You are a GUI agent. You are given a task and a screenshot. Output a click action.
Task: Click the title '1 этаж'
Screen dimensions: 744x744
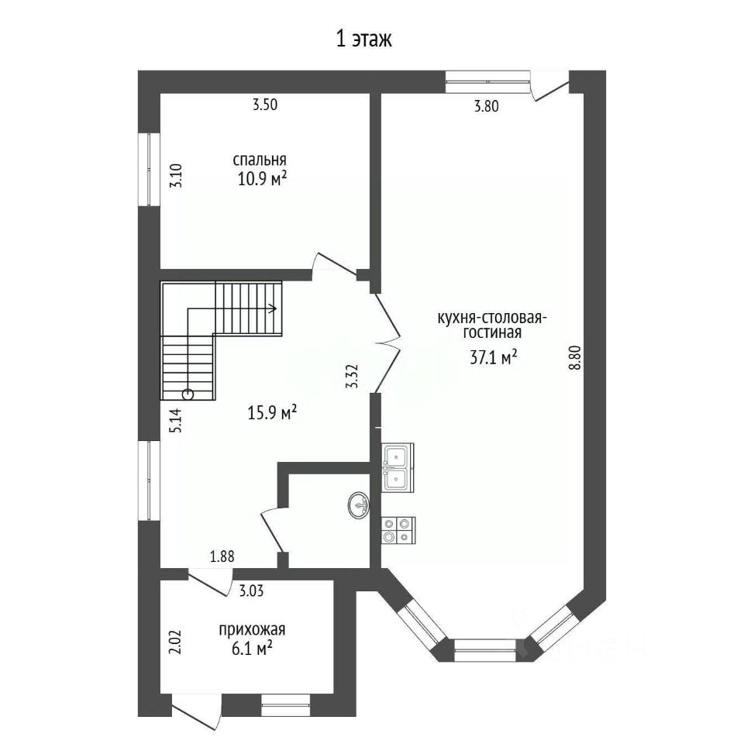click(364, 40)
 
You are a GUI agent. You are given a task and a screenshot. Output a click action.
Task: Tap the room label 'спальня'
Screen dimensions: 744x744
click(260, 160)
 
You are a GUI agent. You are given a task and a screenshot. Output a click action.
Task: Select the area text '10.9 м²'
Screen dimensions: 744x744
click(263, 180)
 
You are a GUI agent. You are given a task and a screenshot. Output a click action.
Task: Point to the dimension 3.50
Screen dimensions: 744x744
click(265, 105)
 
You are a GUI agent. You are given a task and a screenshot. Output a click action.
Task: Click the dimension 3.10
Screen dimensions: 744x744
click(176, 176)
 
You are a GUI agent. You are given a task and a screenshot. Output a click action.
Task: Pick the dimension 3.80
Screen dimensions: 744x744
click(487, 106)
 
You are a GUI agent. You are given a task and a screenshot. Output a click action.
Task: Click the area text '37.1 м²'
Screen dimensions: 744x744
click(494, 356)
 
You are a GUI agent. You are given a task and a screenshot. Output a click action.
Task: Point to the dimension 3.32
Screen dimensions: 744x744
click(352, 377)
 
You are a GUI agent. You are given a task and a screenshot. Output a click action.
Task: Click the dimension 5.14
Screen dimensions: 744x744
click(176, 420)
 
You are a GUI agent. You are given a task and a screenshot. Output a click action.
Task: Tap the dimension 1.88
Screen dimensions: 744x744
click(222, 556)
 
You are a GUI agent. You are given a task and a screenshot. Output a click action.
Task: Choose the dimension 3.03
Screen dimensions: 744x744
click(251, 591)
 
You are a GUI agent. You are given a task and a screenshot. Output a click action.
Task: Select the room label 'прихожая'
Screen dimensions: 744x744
click(252, 629)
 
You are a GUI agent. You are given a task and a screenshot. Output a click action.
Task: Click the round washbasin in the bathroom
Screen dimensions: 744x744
click(359, 505)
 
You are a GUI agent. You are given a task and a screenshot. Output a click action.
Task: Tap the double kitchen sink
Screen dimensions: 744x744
click(397, 467)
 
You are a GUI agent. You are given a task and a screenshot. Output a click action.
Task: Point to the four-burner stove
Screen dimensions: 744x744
click(398, 530)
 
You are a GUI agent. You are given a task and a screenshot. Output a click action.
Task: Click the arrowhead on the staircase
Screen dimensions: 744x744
click(274, 309)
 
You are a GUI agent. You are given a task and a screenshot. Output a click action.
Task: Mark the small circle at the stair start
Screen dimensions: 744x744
click(188, 394)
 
